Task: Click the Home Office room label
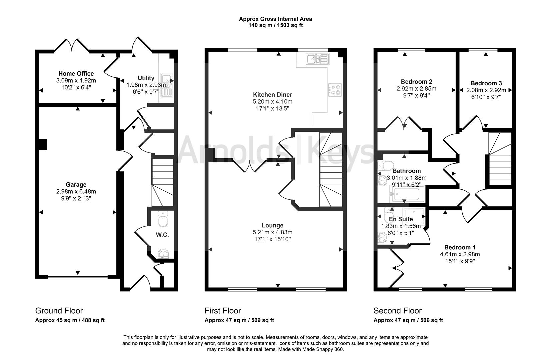pos(76,74)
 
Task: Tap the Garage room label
pos(76,185)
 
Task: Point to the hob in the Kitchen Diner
pos(335,89)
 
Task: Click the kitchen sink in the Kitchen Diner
pos(317,59)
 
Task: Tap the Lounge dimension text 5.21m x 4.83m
pos(272,232)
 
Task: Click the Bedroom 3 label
pos(486,83)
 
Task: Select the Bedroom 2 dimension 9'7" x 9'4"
pos(416,95)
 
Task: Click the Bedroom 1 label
pos(460,247)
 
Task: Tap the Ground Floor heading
pos(59,311)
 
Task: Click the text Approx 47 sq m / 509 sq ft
pos(239,320)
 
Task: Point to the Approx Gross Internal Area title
pos(275,19)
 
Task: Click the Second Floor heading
pos(397,311)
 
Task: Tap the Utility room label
pos(146,78)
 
